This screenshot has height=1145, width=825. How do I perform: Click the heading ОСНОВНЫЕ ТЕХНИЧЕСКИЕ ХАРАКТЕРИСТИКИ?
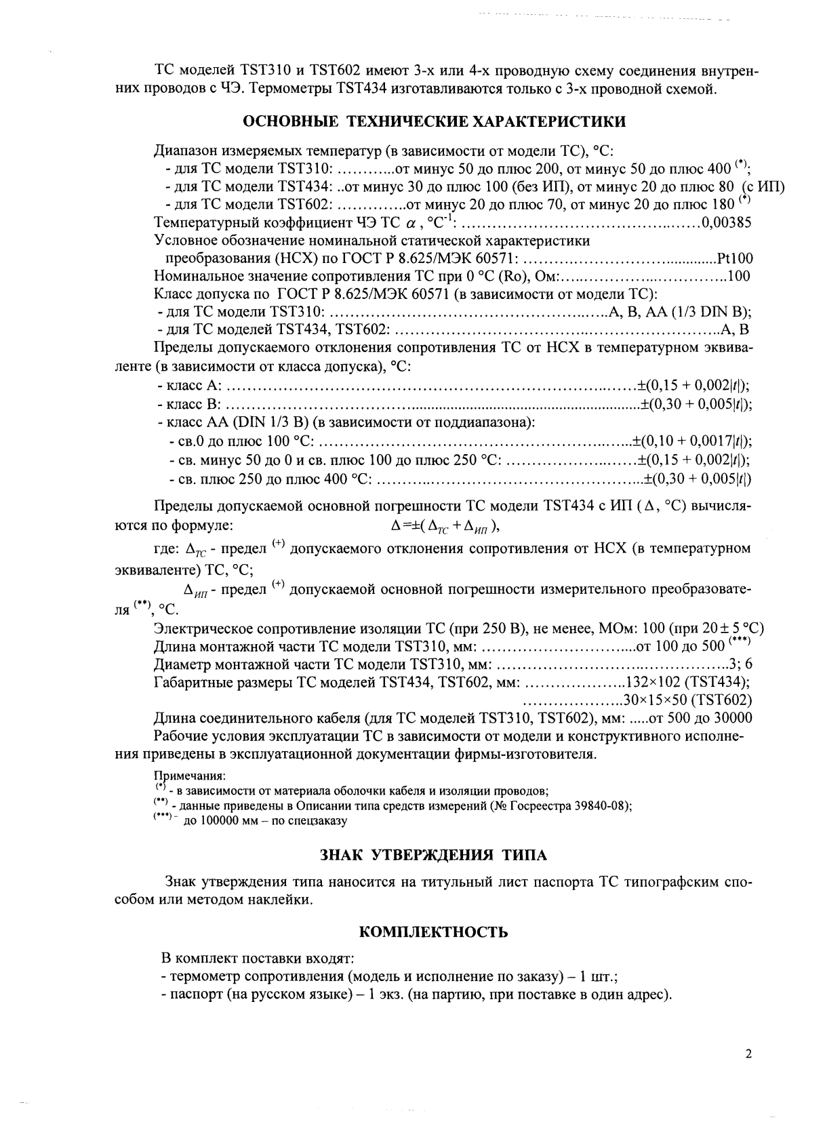click(434, 122)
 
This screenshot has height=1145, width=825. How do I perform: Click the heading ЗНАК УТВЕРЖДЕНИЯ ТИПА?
click(432, 855)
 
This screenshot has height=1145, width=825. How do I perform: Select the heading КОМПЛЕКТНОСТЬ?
click(432, 932)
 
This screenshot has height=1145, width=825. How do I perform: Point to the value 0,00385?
click(726, 223)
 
